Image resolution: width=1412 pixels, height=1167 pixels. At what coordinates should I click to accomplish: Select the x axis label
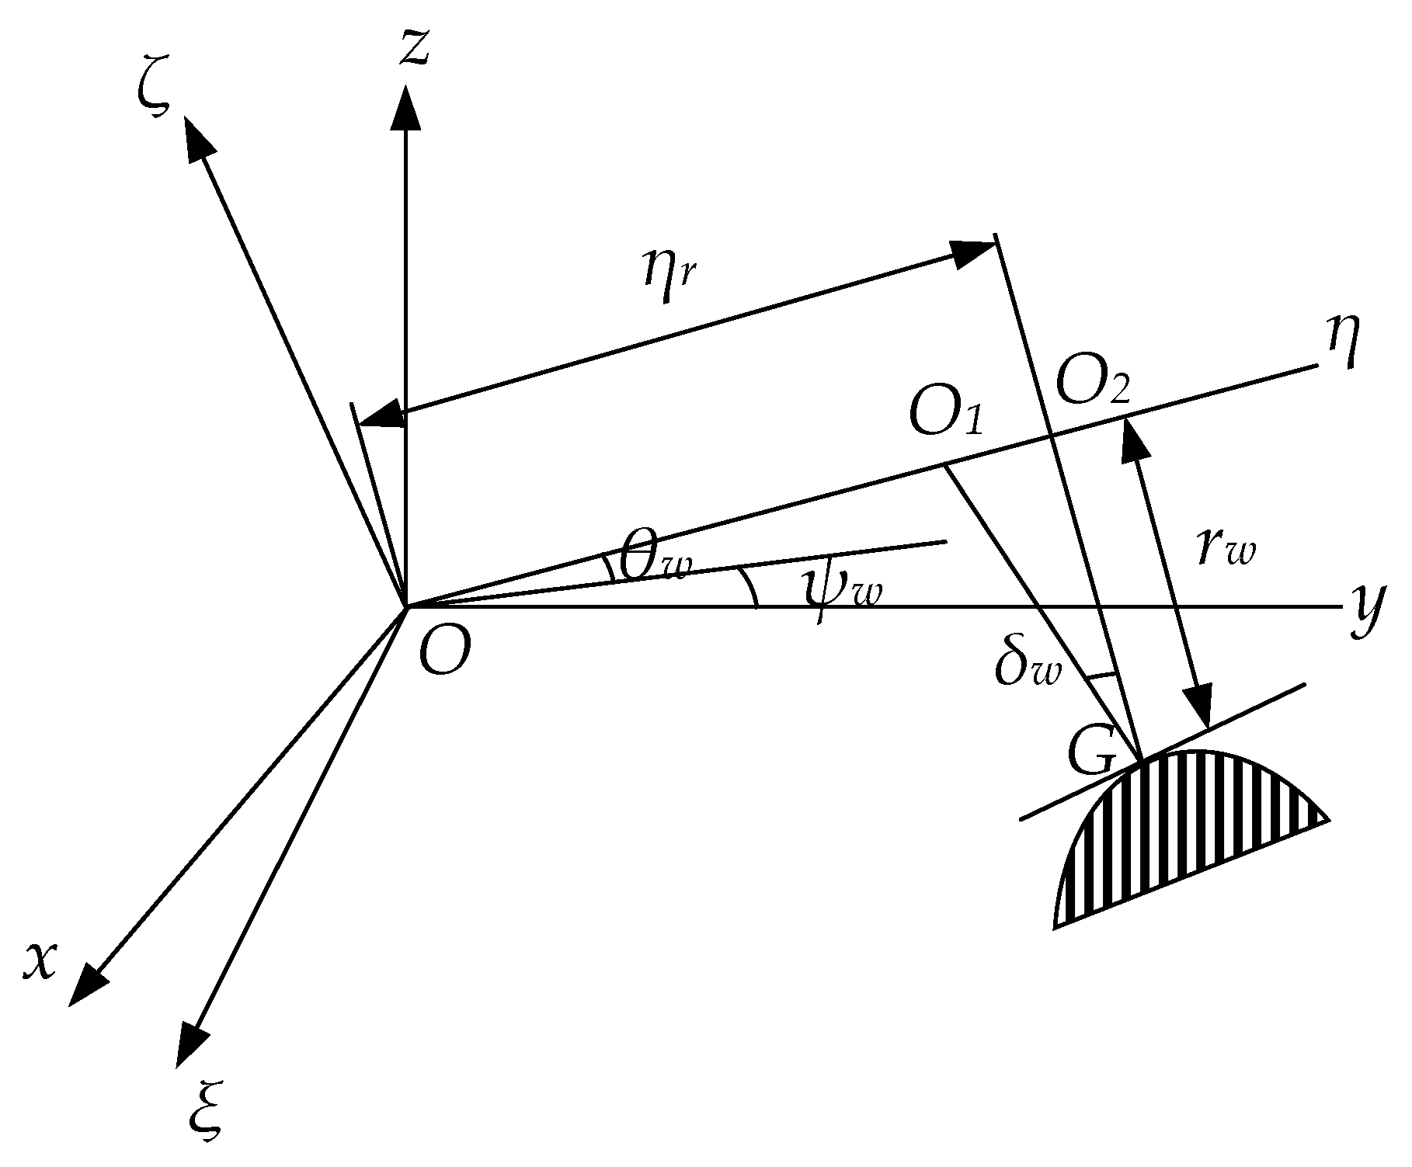coord(41,961)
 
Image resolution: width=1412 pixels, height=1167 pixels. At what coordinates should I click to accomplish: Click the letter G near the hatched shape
coord(1094,754)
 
